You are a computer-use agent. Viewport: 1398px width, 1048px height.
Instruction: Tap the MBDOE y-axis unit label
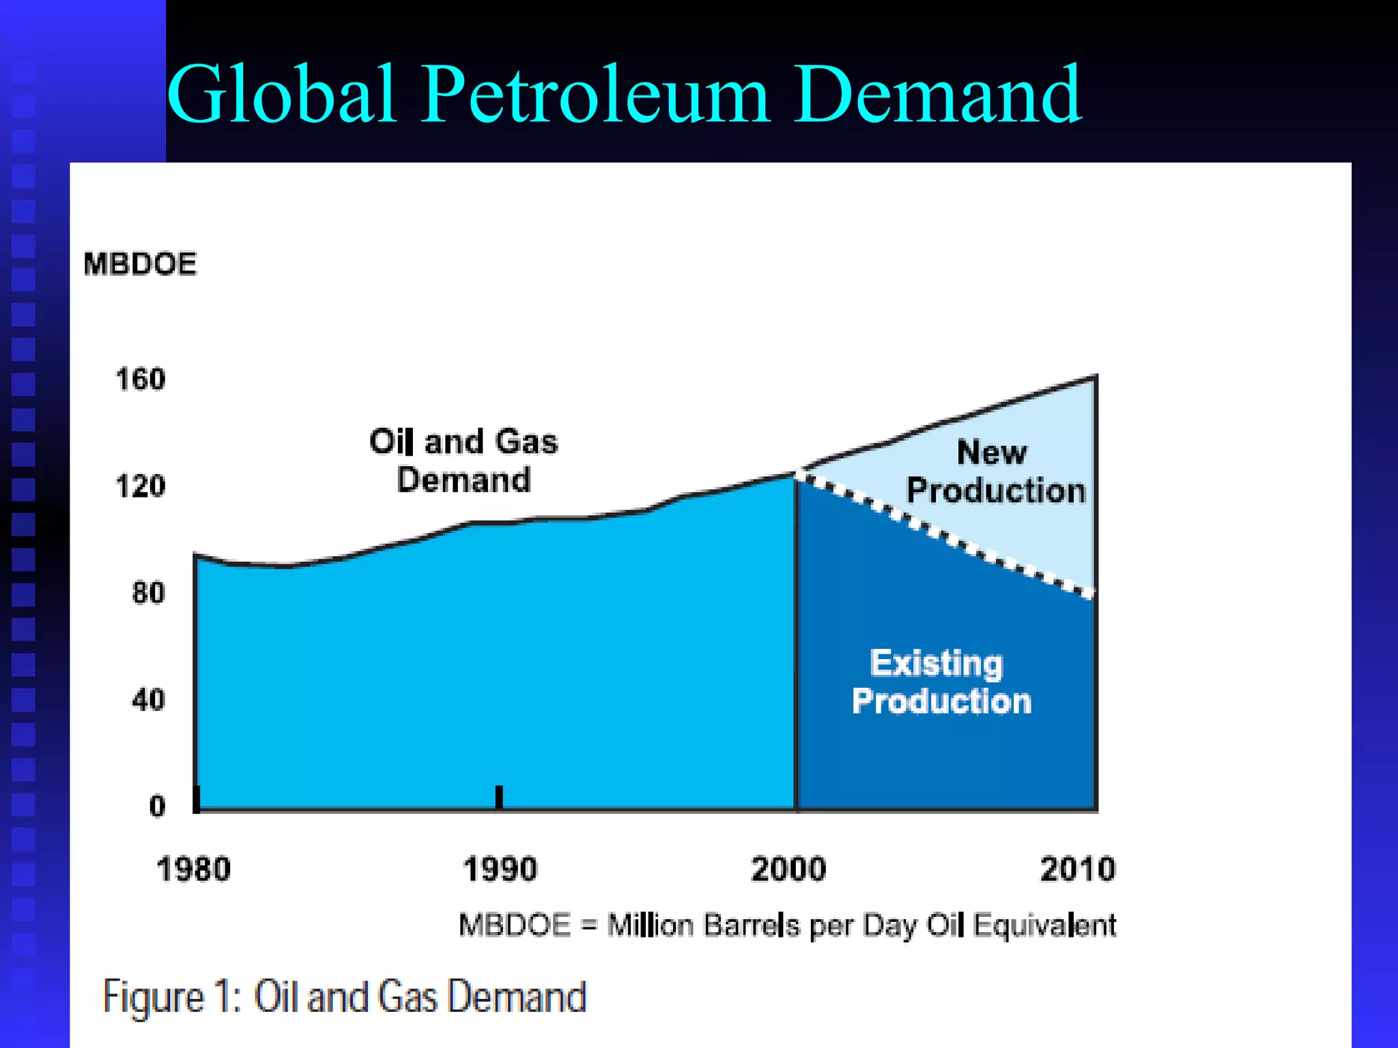[x=140, y=264]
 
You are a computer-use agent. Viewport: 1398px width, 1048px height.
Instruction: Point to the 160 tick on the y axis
[x=141, y=379]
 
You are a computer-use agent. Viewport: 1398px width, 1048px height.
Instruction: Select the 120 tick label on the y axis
[x=141, y=486]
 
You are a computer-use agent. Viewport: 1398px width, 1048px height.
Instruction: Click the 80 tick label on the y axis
[x=148, y=593]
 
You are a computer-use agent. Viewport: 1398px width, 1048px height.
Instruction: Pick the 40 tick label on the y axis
[x=148, y=700]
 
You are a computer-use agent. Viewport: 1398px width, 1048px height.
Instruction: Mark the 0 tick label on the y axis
[x=157, y=806]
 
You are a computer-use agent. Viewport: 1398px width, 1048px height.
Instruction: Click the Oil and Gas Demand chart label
[x=463, y=461]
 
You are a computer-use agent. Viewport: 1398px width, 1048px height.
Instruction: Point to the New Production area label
[x=995, y=471]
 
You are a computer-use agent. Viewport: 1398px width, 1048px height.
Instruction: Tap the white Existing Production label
[x=941, y=682]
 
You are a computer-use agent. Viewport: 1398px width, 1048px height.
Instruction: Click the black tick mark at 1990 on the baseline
[x=499, y=797]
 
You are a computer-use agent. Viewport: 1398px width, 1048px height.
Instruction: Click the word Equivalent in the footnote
[x=1044, y=926]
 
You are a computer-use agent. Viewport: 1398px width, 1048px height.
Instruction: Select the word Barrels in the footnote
[x=752, y=926]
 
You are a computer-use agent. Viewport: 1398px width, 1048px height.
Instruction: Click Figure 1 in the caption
[x=171, y=997]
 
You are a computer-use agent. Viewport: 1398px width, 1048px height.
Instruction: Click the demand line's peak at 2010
[x=1094, y=377]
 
